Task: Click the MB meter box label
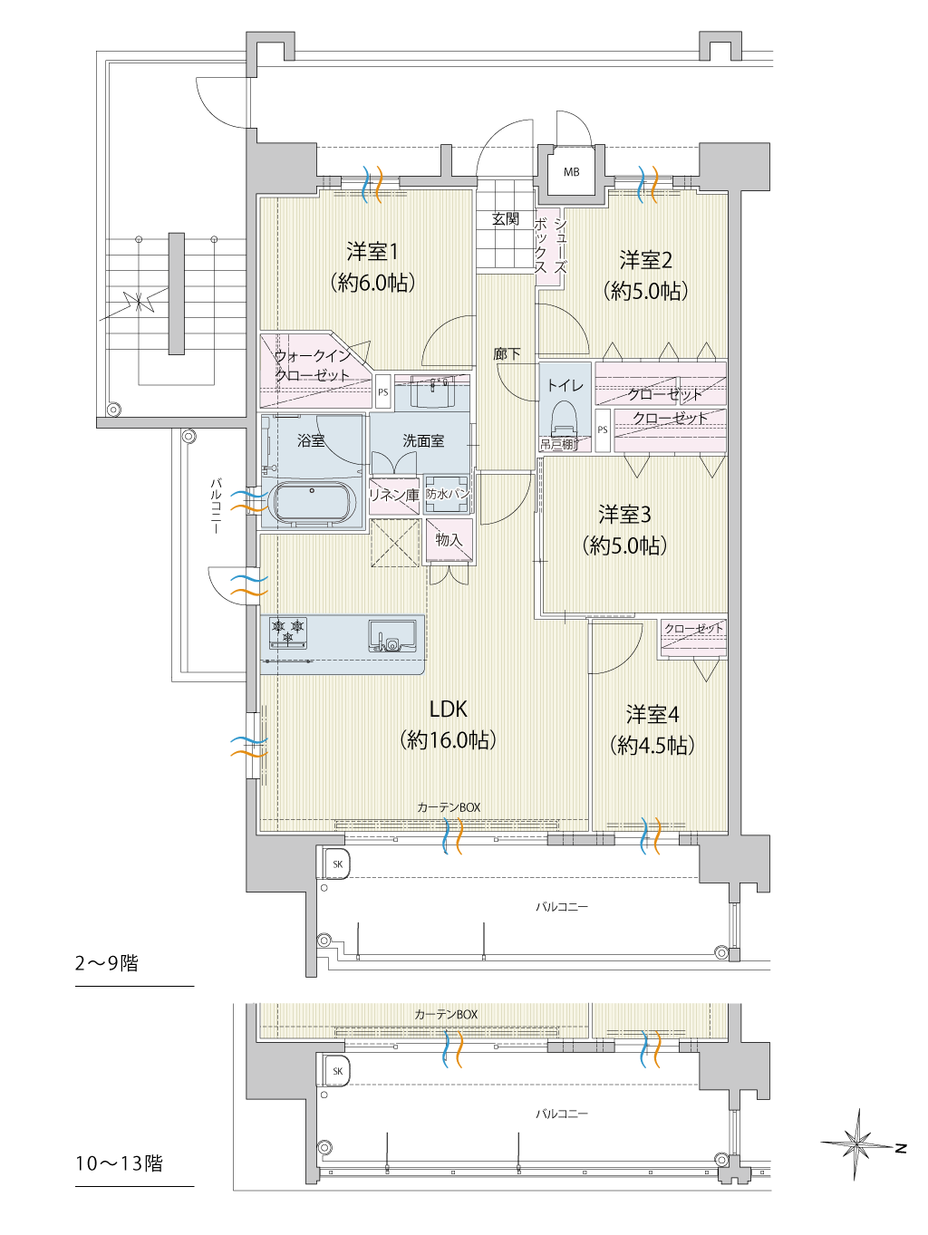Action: pos(571,172)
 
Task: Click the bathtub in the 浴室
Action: pos(313,504)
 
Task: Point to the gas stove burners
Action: pos(288,630)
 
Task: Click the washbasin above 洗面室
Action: pos(432,392)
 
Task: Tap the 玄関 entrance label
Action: pos(506,219)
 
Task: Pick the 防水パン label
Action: pos(448,494)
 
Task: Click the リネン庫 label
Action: pos(394,495)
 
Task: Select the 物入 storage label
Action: pos(449,540)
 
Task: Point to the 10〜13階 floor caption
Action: pos(120,1163)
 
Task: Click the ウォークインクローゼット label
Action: pos(312,366)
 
